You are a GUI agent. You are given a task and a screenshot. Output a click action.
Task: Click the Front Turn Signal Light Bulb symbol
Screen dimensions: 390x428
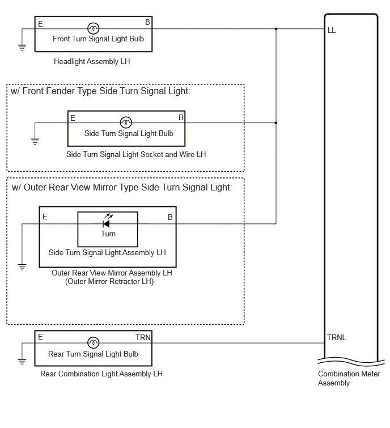pos(94,28)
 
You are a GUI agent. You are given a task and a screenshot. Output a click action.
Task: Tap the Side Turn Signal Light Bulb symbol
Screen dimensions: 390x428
pos(126,122)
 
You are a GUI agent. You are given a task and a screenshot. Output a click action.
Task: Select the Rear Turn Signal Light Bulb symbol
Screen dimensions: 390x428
pos(94,342)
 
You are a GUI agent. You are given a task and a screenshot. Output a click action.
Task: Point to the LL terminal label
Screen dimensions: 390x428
pos(332,30)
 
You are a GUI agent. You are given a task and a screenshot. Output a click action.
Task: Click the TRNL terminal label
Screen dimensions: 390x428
pos(337,338)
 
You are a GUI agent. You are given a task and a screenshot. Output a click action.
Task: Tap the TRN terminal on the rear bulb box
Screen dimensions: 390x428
pos(143,338)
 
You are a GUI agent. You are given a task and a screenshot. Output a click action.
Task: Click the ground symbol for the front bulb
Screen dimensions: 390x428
pos(22,48)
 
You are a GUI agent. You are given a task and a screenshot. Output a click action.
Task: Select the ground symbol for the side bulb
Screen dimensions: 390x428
pos(35,142)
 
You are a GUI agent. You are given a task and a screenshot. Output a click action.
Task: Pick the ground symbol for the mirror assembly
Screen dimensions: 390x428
pos(22,267)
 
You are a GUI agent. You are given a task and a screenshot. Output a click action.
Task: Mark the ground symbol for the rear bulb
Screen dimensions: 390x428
pos(22,362)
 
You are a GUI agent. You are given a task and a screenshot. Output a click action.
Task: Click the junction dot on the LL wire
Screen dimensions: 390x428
pos(276,29)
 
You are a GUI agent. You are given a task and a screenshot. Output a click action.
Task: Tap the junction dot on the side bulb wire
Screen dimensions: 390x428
pos(276,123)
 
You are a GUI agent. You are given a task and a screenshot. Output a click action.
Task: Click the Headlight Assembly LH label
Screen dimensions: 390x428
pos(92,62)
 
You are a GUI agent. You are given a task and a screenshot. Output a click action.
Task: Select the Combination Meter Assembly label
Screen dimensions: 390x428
pos(349,378)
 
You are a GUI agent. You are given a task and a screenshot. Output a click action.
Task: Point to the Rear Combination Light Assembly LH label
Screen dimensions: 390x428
pos(101,374)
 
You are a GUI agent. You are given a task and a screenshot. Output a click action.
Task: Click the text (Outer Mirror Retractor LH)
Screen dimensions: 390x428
pos(109,282)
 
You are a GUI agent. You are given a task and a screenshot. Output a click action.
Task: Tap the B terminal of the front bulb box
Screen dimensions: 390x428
pos(147,22)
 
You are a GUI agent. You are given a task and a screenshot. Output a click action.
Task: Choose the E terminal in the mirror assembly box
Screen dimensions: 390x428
pos(45,217)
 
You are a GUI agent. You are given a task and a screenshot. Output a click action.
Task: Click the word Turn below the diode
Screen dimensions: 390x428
pos(108,234)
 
